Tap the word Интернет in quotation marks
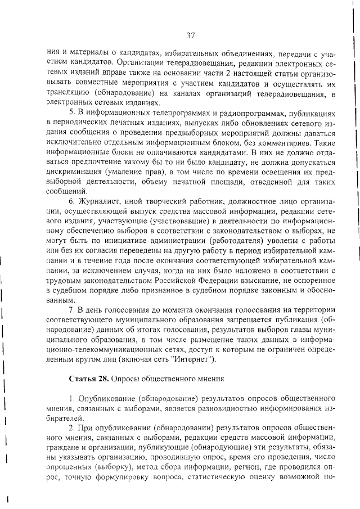(192, 359)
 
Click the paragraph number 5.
(71, 112)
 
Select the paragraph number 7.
(71, 309)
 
